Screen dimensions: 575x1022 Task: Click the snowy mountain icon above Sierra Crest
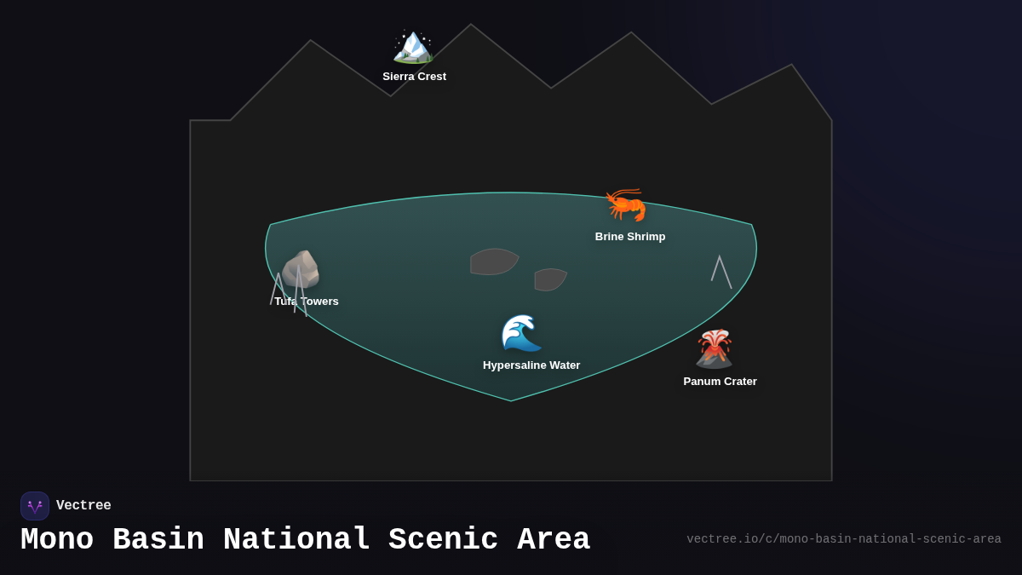pyautogui.click(x=413, y=46)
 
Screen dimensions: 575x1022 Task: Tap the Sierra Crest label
pyautogui.click(x=414, y=77)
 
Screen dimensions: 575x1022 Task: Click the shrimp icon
pyautogui.click(x=626, y=204)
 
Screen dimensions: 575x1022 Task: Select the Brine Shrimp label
pyautogui.click(x=630, y=237)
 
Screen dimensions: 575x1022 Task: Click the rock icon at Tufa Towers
pyautogui.click(x=301, y=269)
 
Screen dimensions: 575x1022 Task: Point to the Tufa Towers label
pyautogui.click(x=307, y=302)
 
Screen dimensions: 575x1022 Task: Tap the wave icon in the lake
pyautogui.click(x=521, y=333)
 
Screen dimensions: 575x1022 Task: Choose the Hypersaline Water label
pyautogui.click(x=531, y=365)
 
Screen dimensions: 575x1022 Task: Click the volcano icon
pyautogui.click(x=714, y=348)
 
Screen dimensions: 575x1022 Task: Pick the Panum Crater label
pyautogui.click(x=720, y=382)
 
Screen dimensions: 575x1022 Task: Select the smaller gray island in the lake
pyautogui.click(x=549, y=279)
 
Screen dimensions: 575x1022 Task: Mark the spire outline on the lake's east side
pyautogui.click(x=721, y=271)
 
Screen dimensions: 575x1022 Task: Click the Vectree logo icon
pyautogui.click(x=35, y=506)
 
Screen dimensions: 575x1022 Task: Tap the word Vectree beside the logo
pyautogui.click(x=83, y=506)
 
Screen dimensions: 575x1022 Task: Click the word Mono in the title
pyautogui.click(x=57, y=540)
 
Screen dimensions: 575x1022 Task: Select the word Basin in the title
pyautogui.click(x=158, y=540)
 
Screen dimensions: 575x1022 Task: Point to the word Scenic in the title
pyautogui.click(x=443, y=540)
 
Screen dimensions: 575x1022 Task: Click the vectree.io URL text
pyautogui.click(x=843, y=539)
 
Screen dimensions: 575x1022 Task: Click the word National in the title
pyautogui.click(x=296, y=540)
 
